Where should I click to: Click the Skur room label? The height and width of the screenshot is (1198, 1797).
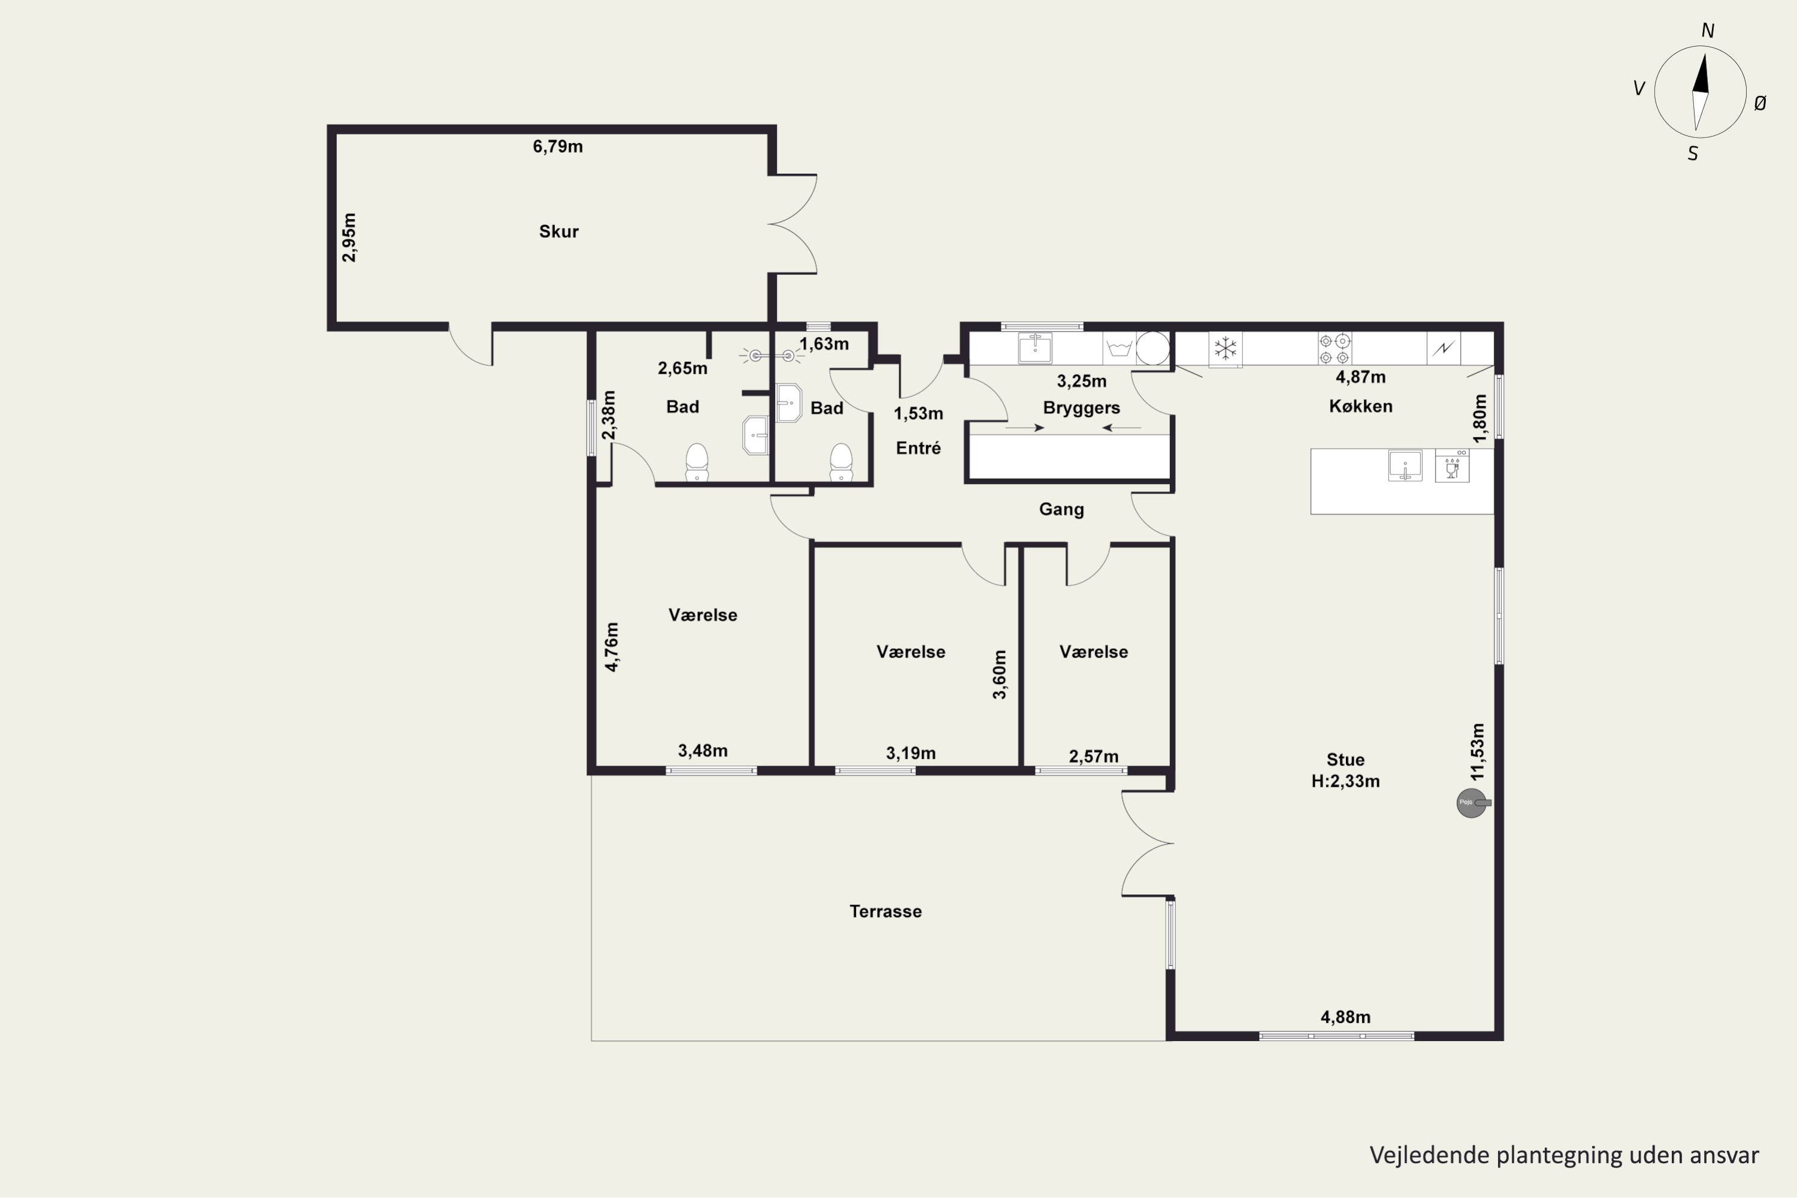click(558, 231)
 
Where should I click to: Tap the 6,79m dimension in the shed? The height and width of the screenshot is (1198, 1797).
click(558, 147)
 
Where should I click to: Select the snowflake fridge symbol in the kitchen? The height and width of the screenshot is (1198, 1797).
click(1226, 349)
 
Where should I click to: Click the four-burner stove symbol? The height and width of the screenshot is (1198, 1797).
click(1334, 349)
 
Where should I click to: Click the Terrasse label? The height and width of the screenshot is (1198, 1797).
click(885, 912)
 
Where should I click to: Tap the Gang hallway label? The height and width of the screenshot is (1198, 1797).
click(1061, 510)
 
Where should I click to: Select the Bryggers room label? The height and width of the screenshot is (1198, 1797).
click(1081, 408)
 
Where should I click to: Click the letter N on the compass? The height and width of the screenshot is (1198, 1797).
click(1708, 31)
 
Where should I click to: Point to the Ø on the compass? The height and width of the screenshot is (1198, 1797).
click(1760, 103)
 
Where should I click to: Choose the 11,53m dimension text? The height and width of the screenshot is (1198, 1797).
click(1478, 752)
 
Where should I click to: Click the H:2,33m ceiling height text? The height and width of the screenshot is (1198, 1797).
click(1345, 782)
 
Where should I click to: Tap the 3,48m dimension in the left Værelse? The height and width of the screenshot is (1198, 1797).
click(702, 751)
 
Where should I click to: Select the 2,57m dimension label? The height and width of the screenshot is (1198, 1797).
click(1093, 757)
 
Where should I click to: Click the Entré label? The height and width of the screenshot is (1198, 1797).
click(918, 449)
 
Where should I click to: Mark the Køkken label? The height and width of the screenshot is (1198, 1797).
click(1361, 407)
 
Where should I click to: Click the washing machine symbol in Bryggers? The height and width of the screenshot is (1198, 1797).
click(1118, 349)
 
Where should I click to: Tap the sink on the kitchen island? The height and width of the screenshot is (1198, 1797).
click(1405, 466)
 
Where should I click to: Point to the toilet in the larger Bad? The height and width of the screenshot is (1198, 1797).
click(697, 462)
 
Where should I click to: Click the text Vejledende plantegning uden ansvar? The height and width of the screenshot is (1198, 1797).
click(1564, 1156)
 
